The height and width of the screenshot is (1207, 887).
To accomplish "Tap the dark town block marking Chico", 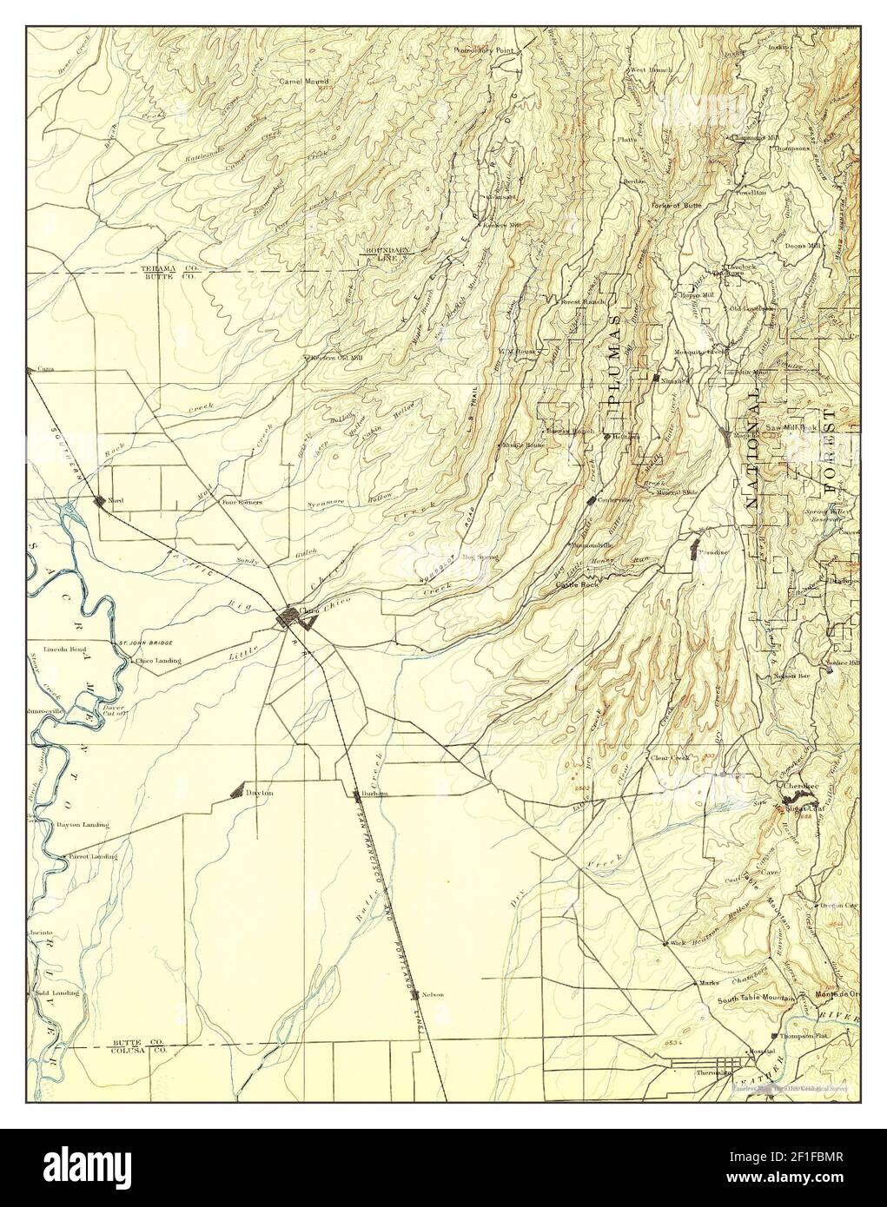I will [288, 617].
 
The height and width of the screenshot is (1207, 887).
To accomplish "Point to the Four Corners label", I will [238, 502].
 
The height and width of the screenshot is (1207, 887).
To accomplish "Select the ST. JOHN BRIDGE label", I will [146, 643].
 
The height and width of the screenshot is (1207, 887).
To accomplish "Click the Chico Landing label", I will [159, 661].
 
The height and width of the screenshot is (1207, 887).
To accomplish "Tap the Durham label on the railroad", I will [374, 794].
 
